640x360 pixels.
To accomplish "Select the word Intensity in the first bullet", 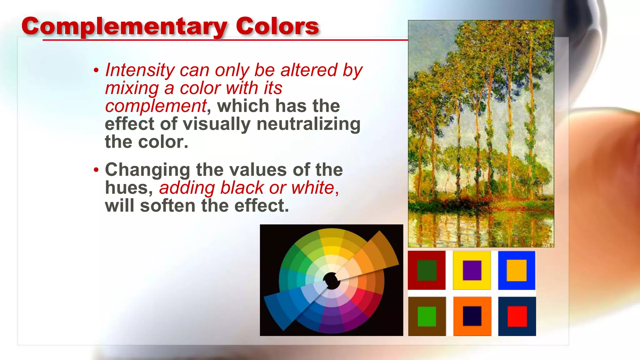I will pos(139,70).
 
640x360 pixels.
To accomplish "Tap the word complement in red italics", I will pos(156,106).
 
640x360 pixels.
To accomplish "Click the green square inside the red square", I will pos(427,270).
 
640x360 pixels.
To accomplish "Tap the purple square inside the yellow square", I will pos(472,270).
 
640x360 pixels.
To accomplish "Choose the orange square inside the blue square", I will pos(517,270).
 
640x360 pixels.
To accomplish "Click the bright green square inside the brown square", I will pos(427,316).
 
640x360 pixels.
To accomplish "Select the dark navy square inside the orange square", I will pos(472,316).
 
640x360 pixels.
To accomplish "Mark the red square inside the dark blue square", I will pos(517,316).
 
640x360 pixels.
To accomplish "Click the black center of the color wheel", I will pos(332,281).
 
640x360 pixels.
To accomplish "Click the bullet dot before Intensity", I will pos(96,70).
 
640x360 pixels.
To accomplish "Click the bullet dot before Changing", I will pos(96,170).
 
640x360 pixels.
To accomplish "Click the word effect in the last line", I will pos(261,206).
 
